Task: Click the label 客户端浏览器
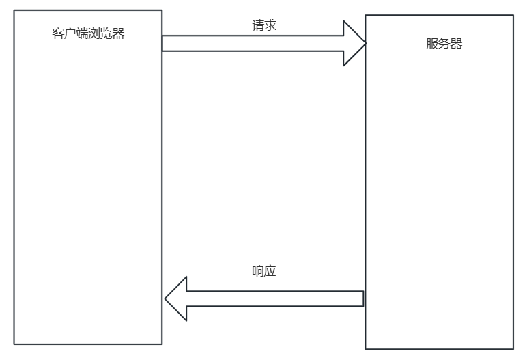pyautogui.click(x=88, y=34)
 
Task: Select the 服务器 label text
pyautogui.click(x=444, y=44)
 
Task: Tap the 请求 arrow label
pyautogui.click(x=264, y=25)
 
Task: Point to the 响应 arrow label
pyautogui.click(x=264, y=271)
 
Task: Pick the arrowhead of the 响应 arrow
pyautogui.click(x=177, y=299)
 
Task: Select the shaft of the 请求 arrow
pyautogui.click(x=253, y=43)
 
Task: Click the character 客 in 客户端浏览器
pyautogui.click(x=58, y=34)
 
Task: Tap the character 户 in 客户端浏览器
pyautogui.click(x=70, y=34)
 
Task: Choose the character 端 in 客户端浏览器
pyautogui.click(x=83, y=34)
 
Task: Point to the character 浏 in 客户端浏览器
pyautogui.click(x=94, y=34)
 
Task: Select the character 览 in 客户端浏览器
pyautogui.click(x=106, y=34)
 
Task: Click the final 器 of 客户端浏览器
pyautogui.click(x=119, y=34)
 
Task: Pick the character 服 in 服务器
pyautogui.click(x=431, y=44)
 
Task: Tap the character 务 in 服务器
pyautogui.click(x=444, y=44)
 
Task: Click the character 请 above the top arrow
pyautogui.click(x=258, y=25)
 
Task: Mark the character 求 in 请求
pyautogui.click(x=270, y=25)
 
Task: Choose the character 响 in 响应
pyautogui.click(x=258, y=271)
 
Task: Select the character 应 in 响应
pyautogui.click(x=270, y=271)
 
